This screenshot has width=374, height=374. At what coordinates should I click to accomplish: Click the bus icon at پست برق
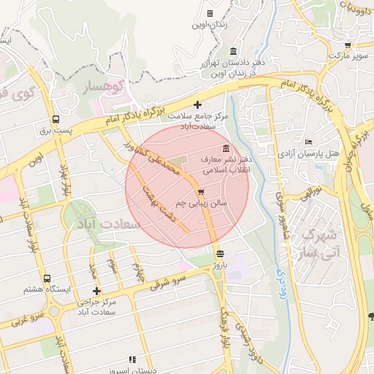coord(56,120)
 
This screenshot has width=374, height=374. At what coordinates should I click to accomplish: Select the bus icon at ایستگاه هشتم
coord(47,278)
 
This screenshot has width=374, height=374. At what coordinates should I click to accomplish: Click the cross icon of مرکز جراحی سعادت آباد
coord(95,291)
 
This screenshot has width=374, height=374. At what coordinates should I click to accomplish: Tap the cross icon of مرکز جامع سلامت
coord(198,105)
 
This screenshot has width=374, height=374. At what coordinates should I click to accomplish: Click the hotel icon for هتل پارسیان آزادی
coord(309,142)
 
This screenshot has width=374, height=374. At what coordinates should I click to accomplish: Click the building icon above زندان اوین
coord(210,13)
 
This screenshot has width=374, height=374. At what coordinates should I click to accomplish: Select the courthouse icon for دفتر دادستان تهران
coord(233,50)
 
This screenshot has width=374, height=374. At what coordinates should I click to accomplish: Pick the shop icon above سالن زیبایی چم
coord(200,191)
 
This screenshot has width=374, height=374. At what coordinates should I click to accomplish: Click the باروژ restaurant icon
coord(221,253)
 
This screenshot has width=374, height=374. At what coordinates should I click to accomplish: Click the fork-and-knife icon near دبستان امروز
coord(132,359)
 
